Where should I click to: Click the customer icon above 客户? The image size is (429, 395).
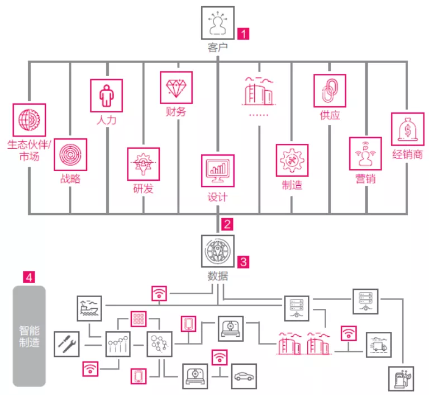(217, 23)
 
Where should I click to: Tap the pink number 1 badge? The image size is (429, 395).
(243, 34)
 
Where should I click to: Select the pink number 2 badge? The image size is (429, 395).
(227, 224)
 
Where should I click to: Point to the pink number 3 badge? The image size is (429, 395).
(243, 261)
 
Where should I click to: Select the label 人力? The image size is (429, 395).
(106, 120)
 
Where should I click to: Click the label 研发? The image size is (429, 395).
(143, 189)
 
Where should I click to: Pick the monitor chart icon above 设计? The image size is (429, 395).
(217, 171)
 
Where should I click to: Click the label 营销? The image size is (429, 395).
(365, 178)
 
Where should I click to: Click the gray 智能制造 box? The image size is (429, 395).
(29, 336)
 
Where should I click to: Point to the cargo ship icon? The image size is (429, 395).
(89, 308)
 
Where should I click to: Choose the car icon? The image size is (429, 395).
(244, 377)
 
